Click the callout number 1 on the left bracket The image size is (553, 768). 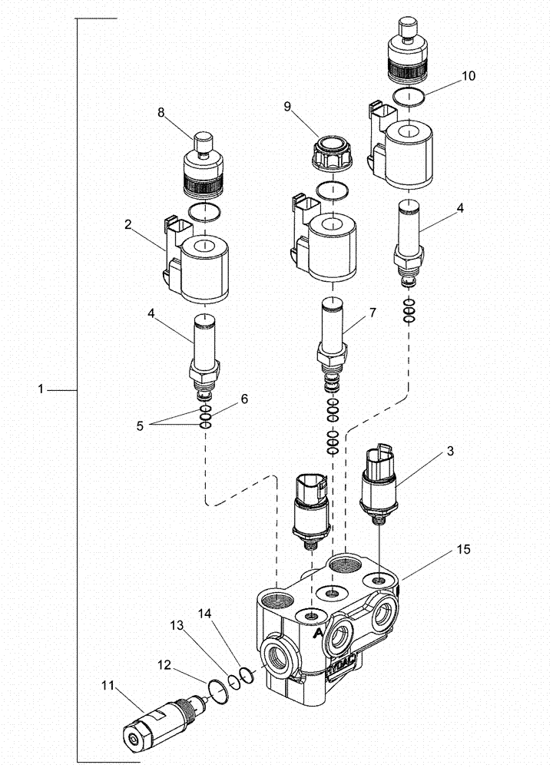point(40,390)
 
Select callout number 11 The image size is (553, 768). point(107,676)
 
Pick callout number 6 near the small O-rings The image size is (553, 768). point(244,399)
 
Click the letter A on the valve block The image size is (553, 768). point(317,632)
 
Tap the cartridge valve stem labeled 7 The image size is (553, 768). point(332,330)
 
